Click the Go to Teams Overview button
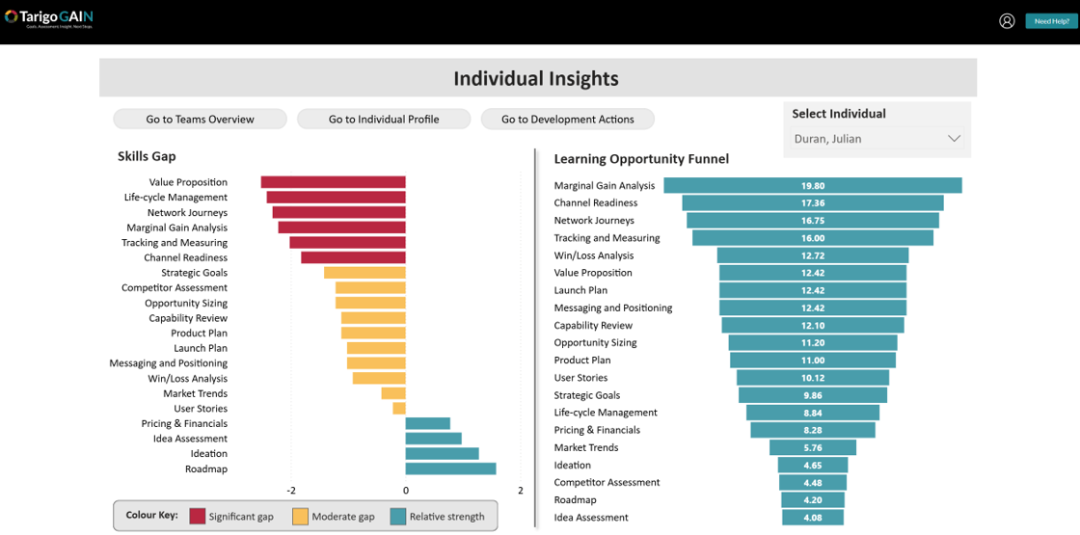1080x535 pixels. (x=200, y=120)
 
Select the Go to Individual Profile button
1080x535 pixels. (x=384, y=120)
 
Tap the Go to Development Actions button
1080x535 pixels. (x=568, y=120)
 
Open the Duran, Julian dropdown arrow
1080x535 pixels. (x=954, y=139)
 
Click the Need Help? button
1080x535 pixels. (x=1051, y=21)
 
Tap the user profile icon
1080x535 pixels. (x=1007, y=21)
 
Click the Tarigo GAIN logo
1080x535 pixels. (x=48, y=18)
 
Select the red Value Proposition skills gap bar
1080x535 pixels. (x=333, y=182)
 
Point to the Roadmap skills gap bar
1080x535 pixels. (x=450, y=469)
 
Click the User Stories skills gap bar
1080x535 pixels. (x=399, y=409)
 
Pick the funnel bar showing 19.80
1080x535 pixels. (x=812, y=186)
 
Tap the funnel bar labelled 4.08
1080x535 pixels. (x=812, y=518)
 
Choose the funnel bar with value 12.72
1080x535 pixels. (x=812, y=255)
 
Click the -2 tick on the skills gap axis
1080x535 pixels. (x=291, y=491)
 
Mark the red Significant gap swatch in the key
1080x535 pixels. (x=197, y=516)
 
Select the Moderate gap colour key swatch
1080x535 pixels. (x=300, y=516)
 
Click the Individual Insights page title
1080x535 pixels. (x=536, y=79)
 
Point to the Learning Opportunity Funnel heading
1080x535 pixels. (x=641, y=159)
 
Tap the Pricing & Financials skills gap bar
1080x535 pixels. (x=427, y=424)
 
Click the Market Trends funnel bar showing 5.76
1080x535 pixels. (x=812, y=448)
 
